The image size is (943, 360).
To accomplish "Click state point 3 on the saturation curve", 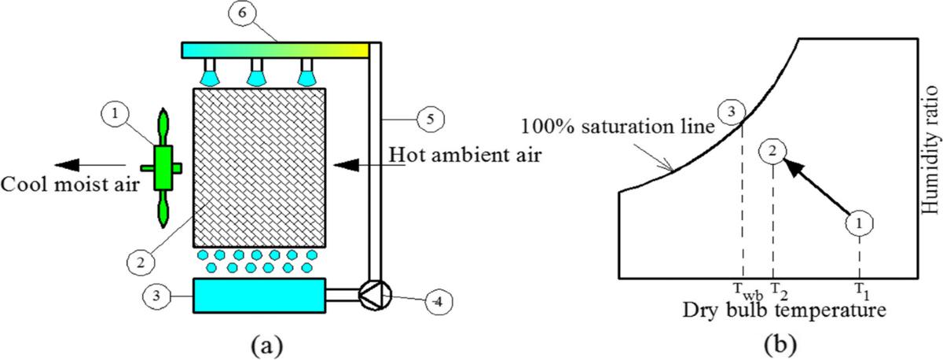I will (732, 113).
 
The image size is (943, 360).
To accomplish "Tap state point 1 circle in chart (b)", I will (860, 223).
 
